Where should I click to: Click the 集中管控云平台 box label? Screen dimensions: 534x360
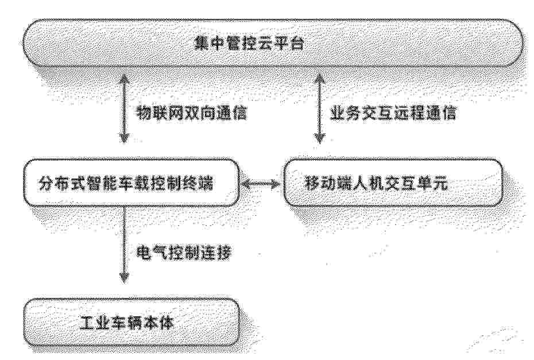click(249, 44)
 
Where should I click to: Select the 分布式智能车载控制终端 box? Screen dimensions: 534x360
click(131, 183)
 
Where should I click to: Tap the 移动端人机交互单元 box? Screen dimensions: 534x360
click(393, 183)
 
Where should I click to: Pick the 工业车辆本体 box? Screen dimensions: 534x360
click(131, 323)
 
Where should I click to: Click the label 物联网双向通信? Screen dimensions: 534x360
click(191, 113)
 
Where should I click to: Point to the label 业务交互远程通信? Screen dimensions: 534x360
click(393, 113)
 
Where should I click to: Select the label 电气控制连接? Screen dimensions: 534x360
click(184, 253)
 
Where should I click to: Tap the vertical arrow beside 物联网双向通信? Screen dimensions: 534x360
click(124, 109)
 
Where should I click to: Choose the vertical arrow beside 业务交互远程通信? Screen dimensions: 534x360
click(319, 109)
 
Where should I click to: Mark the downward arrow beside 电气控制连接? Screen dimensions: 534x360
click(124, 245)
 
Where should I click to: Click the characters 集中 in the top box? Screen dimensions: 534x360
click(209, 44)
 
